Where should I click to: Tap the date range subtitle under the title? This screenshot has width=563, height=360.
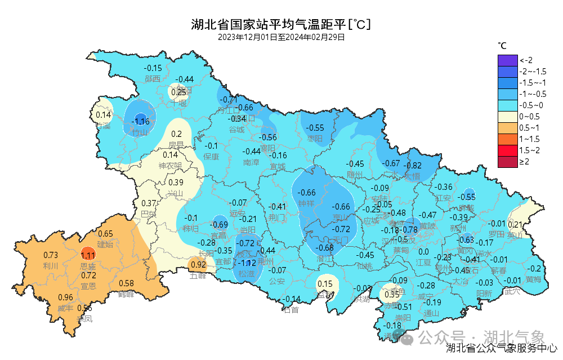point(281,37)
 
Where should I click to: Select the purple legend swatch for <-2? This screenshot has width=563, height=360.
point(507,60)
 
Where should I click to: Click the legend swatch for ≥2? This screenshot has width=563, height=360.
point(507,162)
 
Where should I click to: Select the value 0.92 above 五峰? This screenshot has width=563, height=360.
point(198,264)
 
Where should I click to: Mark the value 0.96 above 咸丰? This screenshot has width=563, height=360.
point(65,297)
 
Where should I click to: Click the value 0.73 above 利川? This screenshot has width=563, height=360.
point(51,255)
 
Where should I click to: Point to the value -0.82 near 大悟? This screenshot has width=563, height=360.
point(414,166)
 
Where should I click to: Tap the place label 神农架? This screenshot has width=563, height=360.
point(170,166)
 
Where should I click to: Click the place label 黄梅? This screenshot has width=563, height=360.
point(533,279)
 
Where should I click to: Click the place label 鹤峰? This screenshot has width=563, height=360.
point(126,294)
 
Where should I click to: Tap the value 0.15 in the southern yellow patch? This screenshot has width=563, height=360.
point(325,283)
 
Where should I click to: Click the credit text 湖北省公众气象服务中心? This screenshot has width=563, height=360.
point(502,349)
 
